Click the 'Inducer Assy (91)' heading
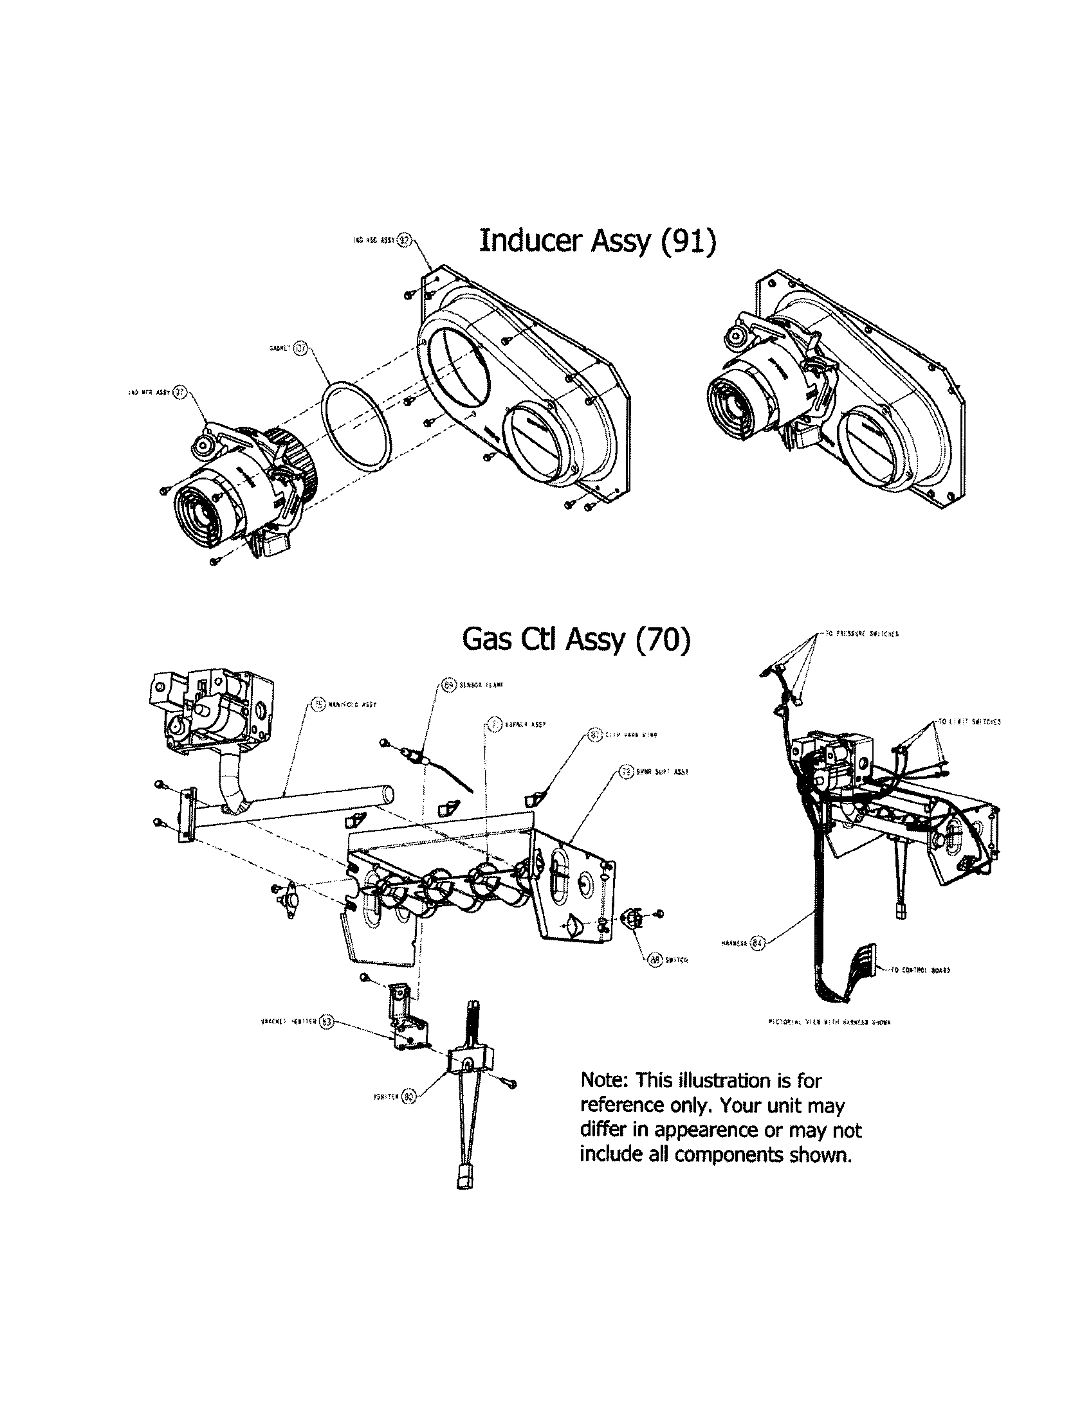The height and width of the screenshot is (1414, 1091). click(598, 241)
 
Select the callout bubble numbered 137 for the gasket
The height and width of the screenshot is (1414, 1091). click(299, 348)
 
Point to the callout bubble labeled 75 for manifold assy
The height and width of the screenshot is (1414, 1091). click(317, 704)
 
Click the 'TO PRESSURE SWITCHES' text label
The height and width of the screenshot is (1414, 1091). click(861, 634)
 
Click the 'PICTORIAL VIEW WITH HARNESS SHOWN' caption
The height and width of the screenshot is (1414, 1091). click(829, 1023)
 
